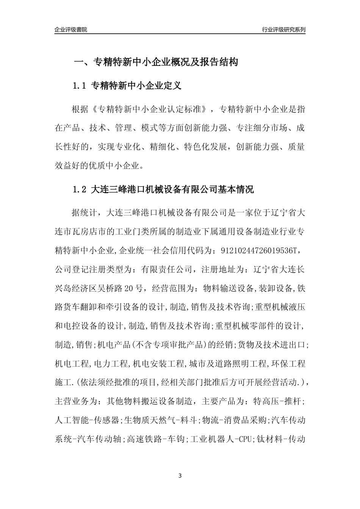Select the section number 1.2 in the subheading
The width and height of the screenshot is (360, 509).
click(80, 189)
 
